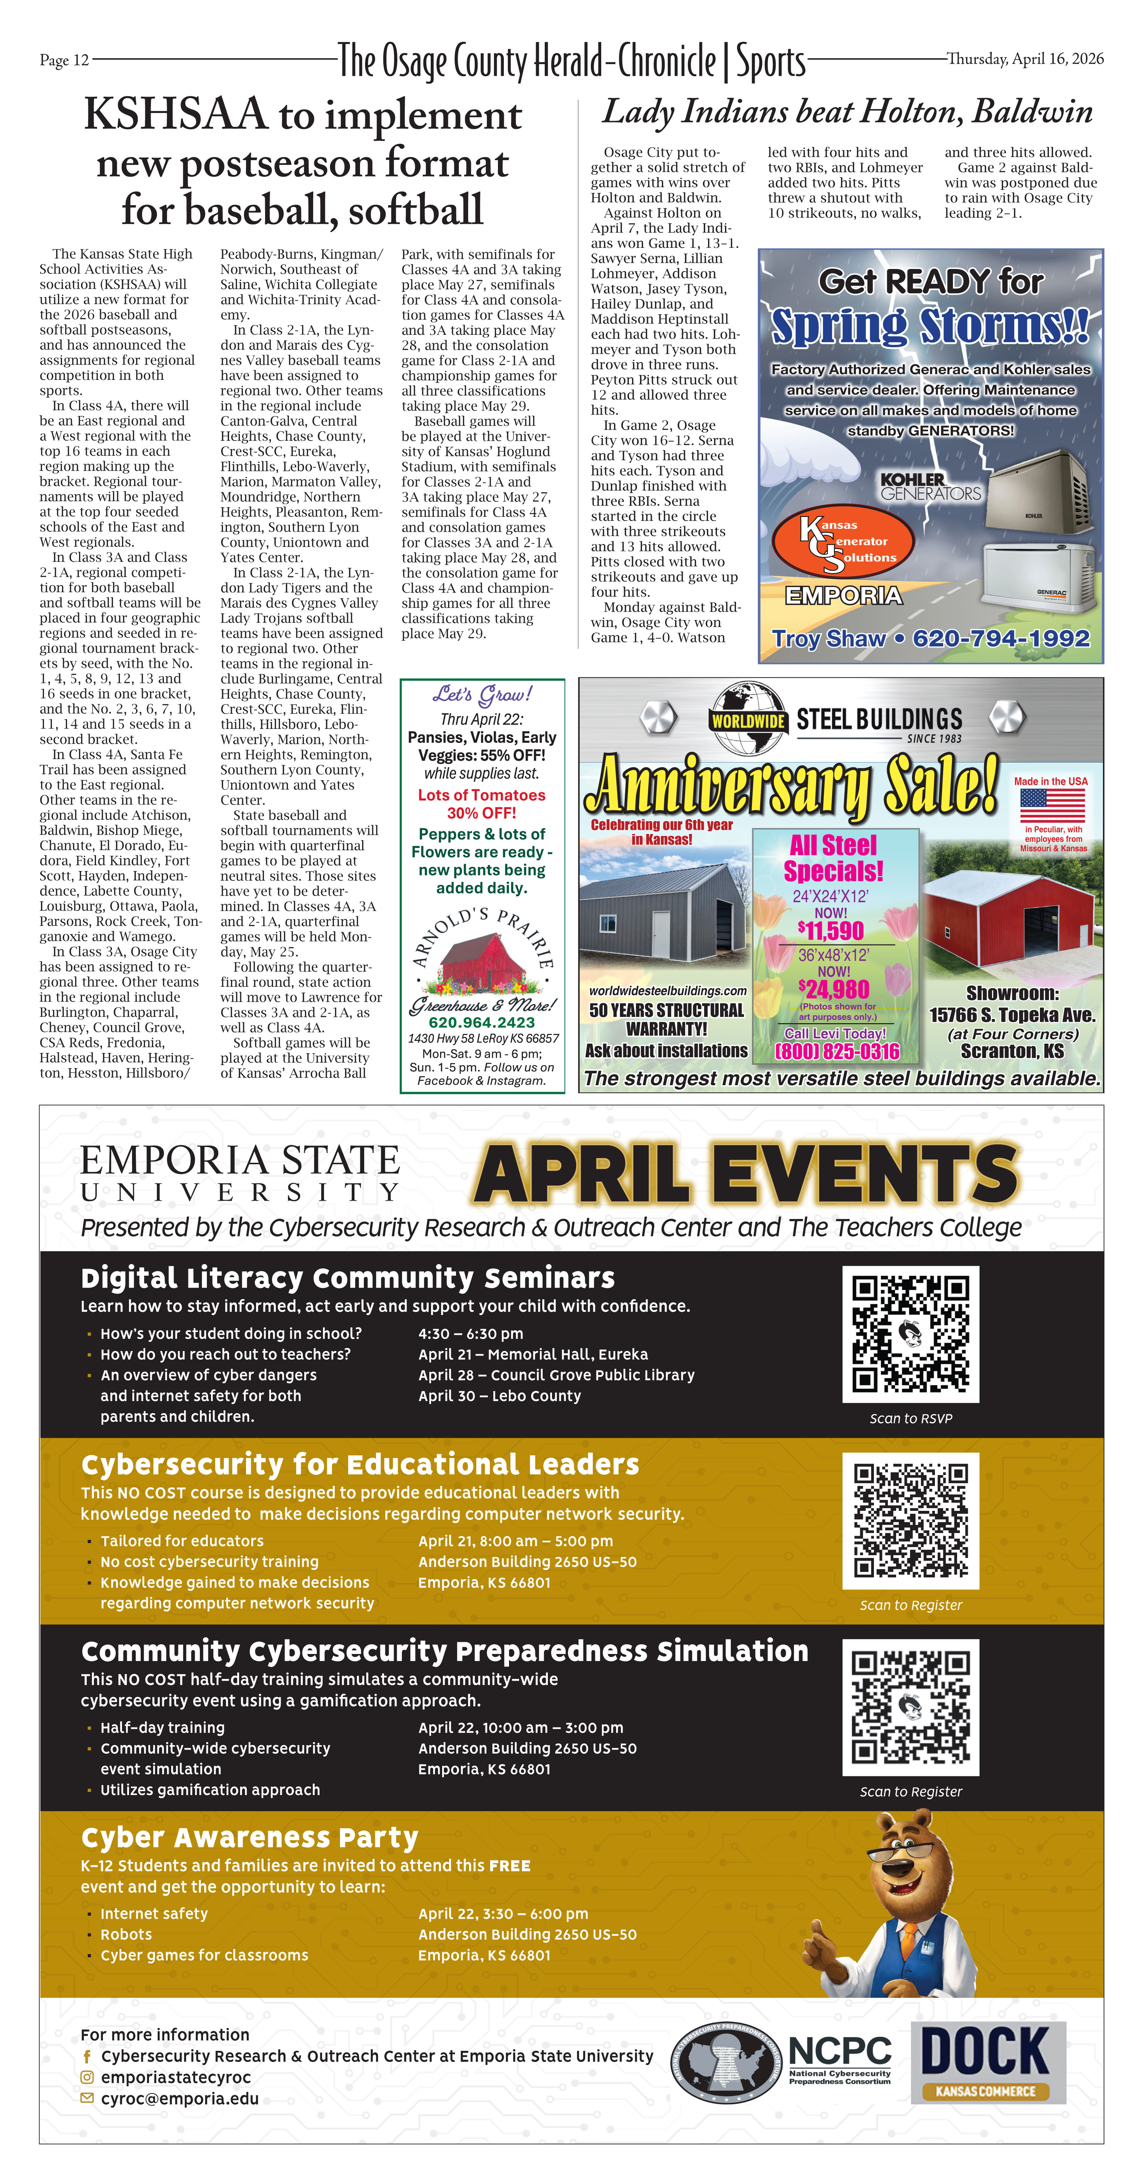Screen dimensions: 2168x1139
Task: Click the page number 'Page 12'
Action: pos(64,60)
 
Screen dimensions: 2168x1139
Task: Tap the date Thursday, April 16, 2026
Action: pos(1025,59)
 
